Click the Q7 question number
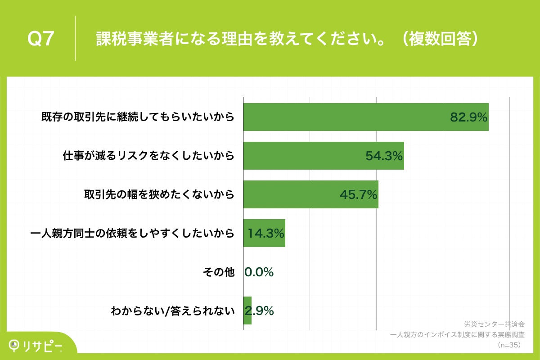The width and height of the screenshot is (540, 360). [x=41, y=39]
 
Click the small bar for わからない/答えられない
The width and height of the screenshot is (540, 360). [x=247, y=310]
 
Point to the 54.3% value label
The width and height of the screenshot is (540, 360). [x=383, y=156]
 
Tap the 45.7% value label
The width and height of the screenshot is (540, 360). [x=358, y=195]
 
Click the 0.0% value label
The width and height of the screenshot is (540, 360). [x=259, y=272]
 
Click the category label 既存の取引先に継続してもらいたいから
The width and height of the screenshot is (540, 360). [x=138, y=117]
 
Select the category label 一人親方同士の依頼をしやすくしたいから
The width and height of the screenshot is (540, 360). [x=132, y=233]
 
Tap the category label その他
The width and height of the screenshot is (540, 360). [x=219, y=272]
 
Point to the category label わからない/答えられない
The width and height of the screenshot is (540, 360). [x=173, y=310]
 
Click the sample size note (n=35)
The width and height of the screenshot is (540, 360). [x=508, y=345]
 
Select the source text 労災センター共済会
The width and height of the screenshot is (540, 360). [x=494, y=324]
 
